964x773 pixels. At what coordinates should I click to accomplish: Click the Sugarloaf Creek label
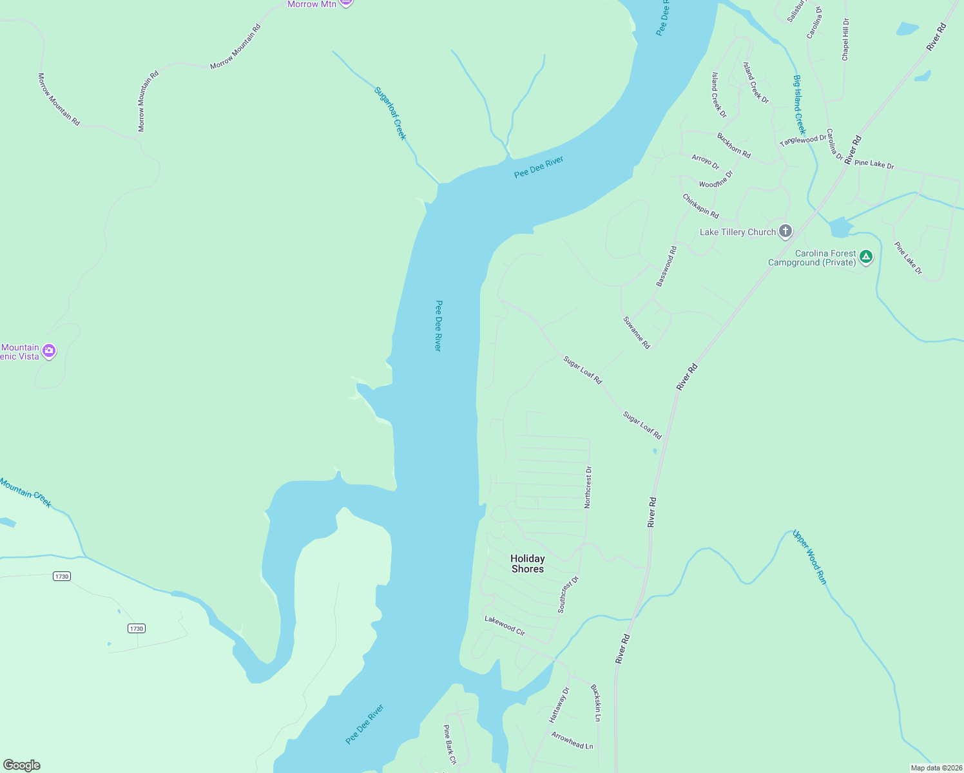(x=390, y=113)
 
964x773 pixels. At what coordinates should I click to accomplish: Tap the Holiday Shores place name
(x=527, y=564)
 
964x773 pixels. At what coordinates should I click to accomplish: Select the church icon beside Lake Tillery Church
(x=785, y=231)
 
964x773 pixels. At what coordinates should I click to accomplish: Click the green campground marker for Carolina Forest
(x=867, y=257)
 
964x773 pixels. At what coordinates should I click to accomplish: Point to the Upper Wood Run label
(x=810, y=557)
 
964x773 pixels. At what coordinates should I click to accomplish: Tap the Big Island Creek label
(x=799, y=104)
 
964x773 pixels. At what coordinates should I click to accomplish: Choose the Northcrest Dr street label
(x=588, y=488)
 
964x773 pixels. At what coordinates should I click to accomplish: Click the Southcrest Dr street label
(x=568, y=595)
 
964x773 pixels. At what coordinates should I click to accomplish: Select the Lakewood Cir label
(x=505, y=625)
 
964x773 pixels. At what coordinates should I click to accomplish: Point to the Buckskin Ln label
(x=596, y=703)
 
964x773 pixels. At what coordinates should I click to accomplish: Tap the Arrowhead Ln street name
(x=572, y=740)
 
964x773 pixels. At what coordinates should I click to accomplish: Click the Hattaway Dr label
(x=559, y=705)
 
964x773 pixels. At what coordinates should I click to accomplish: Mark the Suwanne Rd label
(x=637, y=332)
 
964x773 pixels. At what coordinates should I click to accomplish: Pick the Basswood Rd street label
(x=666, y=266)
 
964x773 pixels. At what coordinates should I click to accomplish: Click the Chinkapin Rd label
(x=700, y=206)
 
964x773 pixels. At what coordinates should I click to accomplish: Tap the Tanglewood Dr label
(x=803, y=140)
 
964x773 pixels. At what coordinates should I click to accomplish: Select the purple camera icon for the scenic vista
(x=49, y=351)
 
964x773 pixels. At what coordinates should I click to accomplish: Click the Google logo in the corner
(x=22, y=765)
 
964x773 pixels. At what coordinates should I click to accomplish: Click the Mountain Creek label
(x=26, y=492)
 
